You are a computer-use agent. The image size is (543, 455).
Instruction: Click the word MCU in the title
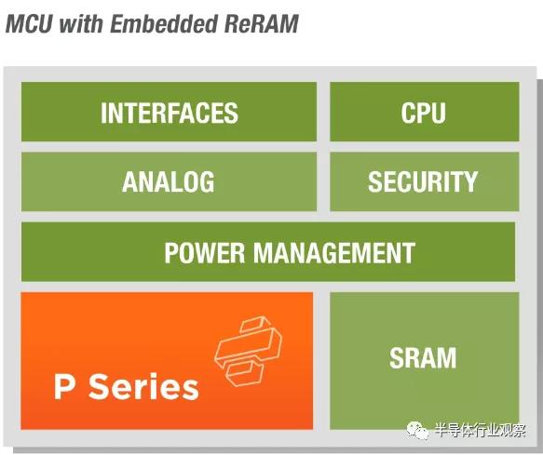[30, 24]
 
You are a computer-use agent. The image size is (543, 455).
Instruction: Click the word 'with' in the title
[82, 23]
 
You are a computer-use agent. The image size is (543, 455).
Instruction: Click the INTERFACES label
[170, 113]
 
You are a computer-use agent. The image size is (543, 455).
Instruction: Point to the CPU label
[423, 113]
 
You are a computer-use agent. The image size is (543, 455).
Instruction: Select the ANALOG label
[169, 181]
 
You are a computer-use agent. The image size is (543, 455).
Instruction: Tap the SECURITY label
[423, 181]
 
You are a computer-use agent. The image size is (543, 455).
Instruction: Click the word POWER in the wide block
[205, 252]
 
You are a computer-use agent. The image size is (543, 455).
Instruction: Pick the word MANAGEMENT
[334, 252]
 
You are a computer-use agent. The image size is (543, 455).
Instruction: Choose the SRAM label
[423, 358]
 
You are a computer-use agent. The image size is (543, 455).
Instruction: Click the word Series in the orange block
[144, 387]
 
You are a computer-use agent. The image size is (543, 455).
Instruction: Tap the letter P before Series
[64, 387]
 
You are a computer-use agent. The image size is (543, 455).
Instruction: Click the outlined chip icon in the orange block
[249, 351]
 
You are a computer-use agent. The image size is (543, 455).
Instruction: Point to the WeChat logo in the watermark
[417, 431]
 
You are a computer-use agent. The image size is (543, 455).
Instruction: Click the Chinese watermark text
[480, 431]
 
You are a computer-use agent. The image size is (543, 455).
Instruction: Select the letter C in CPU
[408, 113]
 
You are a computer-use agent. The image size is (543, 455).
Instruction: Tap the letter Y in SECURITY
[470, 181]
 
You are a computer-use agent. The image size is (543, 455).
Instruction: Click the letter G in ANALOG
[207, 181]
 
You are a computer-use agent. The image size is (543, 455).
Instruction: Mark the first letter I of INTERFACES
[103, 113]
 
